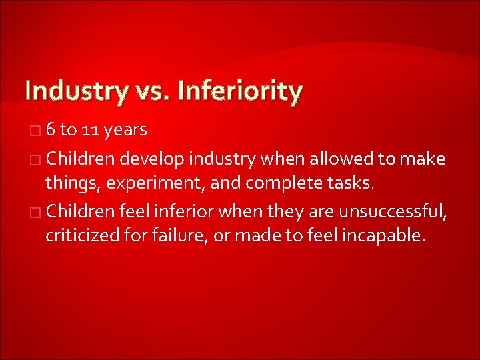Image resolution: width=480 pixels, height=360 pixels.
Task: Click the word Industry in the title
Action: point(74,91)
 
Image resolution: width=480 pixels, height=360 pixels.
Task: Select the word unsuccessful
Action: point(393,213)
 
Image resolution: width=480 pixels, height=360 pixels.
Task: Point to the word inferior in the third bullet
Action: point(182,213)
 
